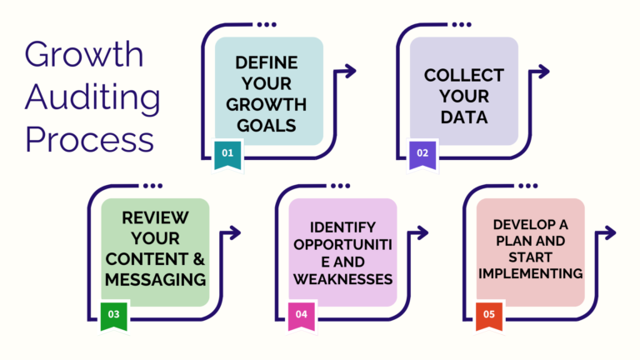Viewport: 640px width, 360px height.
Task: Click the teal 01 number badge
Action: pos(227,154)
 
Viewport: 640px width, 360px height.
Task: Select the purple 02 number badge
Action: pos(422,154)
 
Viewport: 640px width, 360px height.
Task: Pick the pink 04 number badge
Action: pos(301,315)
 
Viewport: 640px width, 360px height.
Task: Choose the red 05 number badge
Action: pos(488,315)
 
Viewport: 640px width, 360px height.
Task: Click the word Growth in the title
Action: pos(84,55)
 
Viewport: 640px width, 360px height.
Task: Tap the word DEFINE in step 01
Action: pos(269,63)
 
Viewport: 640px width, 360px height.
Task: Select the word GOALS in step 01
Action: pos(269,126)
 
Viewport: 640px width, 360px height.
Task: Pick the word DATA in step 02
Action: pos(464,117)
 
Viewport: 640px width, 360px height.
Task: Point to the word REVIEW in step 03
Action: pos(156,217)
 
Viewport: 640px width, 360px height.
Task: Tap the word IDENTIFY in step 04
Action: pos(342,227)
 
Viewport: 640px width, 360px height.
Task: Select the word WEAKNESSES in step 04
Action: pos(342,278)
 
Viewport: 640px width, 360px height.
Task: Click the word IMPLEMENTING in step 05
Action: pos(531,273)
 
